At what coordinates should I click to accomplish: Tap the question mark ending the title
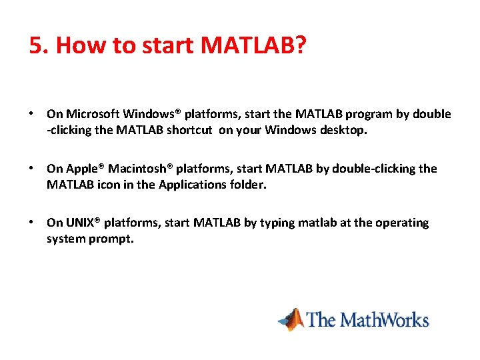[299, 45]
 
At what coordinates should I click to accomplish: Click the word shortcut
[189, 130]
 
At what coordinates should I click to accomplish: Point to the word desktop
[343, 131]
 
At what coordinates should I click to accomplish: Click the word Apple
[83, 169]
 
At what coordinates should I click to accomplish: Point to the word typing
[277, 223]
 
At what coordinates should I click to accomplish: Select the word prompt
[111, 239]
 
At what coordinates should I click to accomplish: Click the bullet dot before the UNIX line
[31, 222]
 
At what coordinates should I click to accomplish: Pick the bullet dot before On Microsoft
[31, 113]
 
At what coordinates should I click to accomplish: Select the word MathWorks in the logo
[385, 319]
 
